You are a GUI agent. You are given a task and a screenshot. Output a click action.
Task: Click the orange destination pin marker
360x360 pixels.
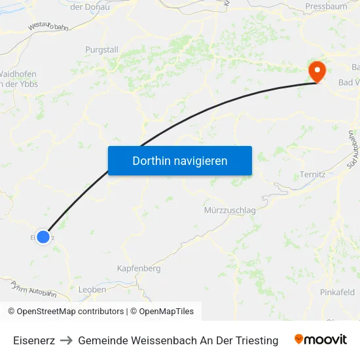pyautogui.click(x=317, y=71)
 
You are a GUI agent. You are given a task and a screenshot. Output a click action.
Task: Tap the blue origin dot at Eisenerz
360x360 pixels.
pyautogui.click(x=43, y=236)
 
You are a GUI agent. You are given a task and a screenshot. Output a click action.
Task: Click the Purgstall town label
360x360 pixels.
pyautogui.click(x=102, y=49)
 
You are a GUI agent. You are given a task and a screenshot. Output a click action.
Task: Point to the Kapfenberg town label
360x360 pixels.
pyautogui.click(x=138, y=268)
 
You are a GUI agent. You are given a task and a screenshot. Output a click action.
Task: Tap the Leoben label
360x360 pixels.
pyautogui.click(x=92, y=289)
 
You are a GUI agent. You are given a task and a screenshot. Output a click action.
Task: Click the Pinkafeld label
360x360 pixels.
pyautogui.click(x=337, y=292)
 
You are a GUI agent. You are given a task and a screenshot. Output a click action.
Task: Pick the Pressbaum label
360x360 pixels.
pyautogui.click(x=326, y=7)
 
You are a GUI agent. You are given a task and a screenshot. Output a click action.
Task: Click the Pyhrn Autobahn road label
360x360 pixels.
pyautogui.click(x=33, y=289)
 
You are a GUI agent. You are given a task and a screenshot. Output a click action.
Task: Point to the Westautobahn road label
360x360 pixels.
pyautogui.click(x=48, y=26)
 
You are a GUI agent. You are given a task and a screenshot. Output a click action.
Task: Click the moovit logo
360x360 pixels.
pyautogui.click(x=320, y=340)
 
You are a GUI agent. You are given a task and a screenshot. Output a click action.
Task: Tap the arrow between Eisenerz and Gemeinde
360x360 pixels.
pyautogui.click(x=66, y=340)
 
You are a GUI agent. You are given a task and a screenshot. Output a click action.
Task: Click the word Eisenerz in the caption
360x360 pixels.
pyautogui.click(x=34, y=340)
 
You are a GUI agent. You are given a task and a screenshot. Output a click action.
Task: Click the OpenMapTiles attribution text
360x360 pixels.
pyautogui.click(x=166, y=312)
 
